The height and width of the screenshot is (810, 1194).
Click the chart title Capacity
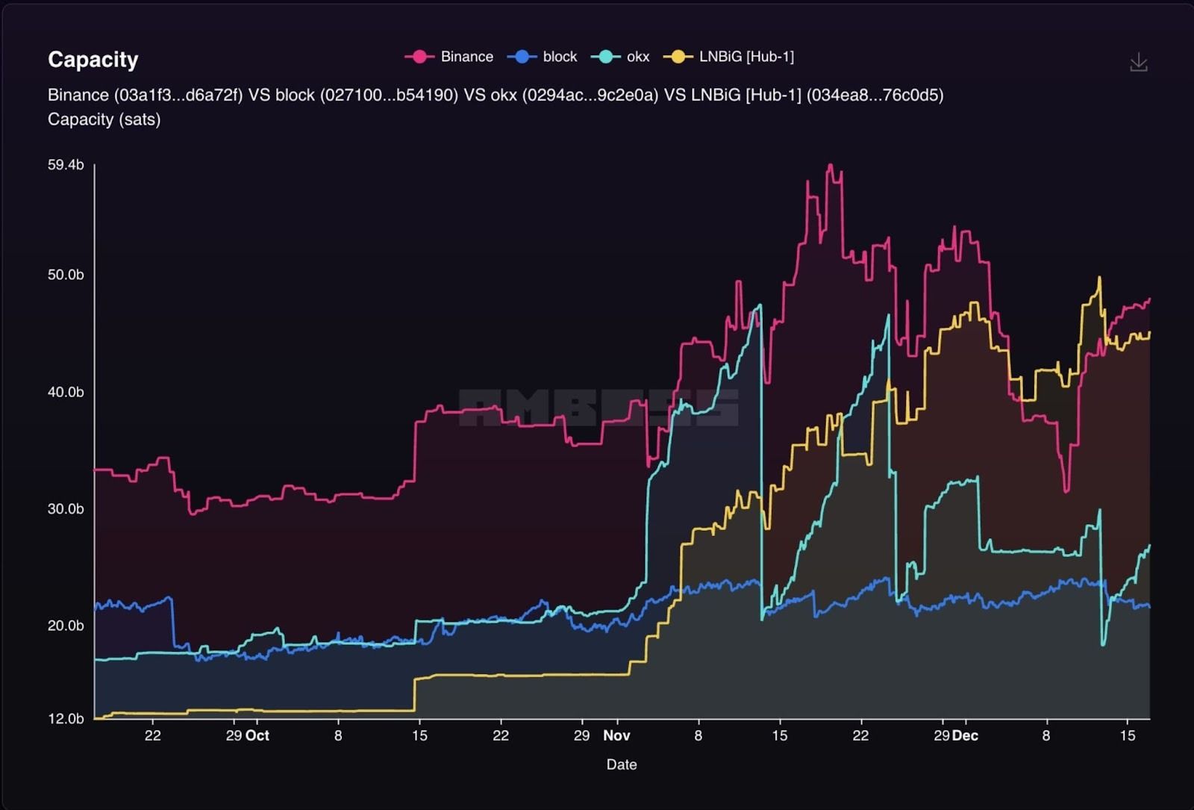pyautogui.click(x=93, y=60)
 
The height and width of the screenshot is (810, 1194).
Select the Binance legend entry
pyautogui.click(x=450, y=57)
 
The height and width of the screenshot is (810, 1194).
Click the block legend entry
pyautogui.click(x=543, y=57)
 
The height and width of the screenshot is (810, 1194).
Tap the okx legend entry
pyautogui.click(x=622, y=57)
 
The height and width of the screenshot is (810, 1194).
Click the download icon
pyautogui.click(x=1138, y=63)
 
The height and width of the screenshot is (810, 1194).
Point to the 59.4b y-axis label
pyautogui.click(x=66, y=165)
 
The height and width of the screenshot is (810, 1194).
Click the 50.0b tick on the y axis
pyautogui.click(x=66, y=275)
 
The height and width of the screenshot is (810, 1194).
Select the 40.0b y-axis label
pyautogui.click(x=66, y=392)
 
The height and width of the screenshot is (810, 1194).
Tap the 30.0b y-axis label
pyautogui.click(x=66, y=509)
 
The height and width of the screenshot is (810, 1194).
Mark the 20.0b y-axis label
pyautogui.click(x=66, y=626)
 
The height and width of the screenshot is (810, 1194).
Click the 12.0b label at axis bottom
pyautogui.click(x=66, y=719)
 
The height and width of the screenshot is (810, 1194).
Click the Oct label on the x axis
pyautogui.click(x=257, y=735)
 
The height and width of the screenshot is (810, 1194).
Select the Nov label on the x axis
pyautogui.click(x=616, y=735)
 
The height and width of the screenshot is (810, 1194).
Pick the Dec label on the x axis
pyautogui.click(x=965, y=735)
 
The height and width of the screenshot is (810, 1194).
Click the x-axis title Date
pyautogui.click(x=621, y=764)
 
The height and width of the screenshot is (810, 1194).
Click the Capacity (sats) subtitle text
pyautogui.click(x=104, y=119)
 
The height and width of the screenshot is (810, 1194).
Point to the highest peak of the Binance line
pyautogui.click(x=831, y=166)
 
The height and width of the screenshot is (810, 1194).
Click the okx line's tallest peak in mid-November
pyautogui.click(x=760, y=305)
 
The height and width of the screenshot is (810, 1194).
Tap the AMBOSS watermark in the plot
pyautogui.click(x=598, y=408)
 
